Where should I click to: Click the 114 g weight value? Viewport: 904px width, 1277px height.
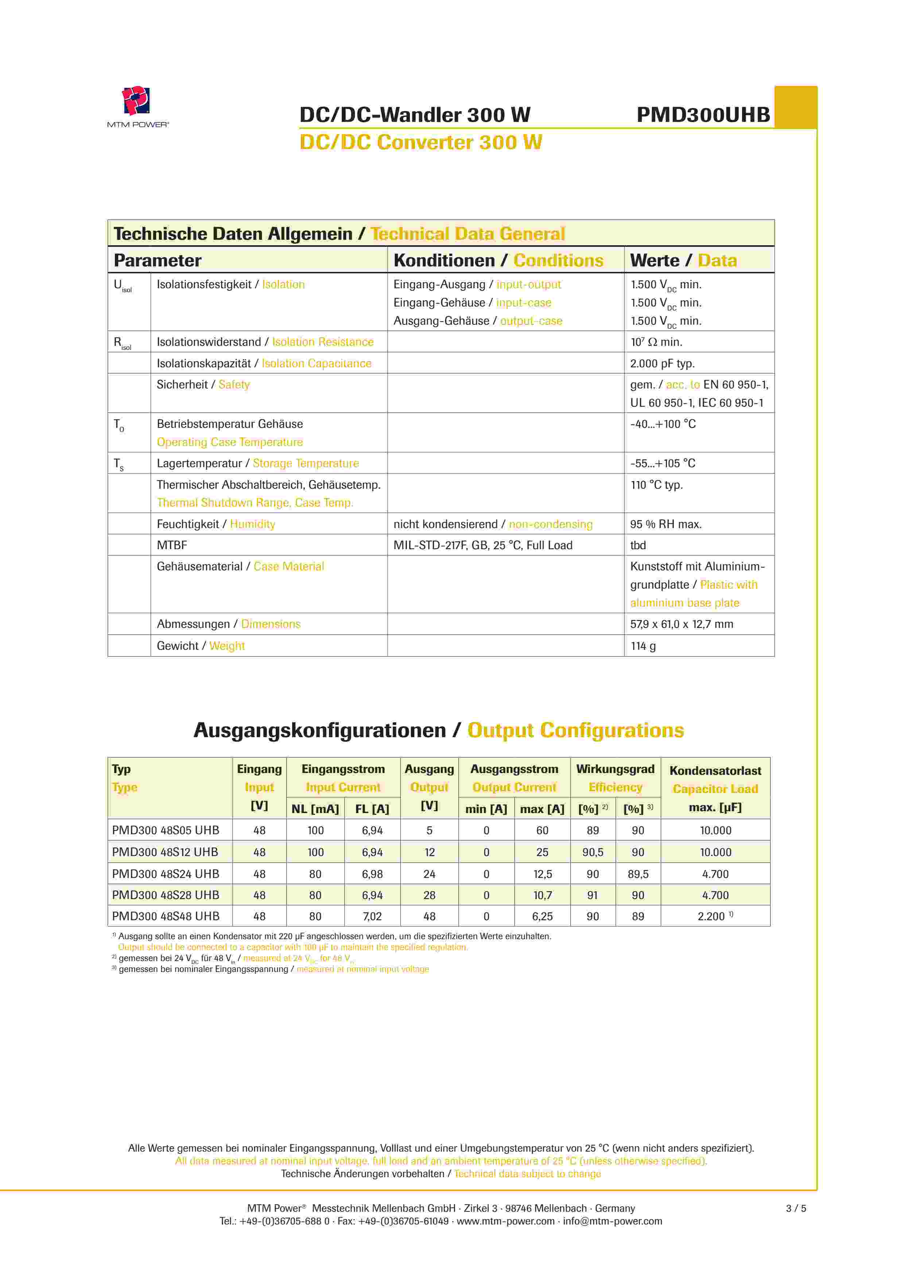(643, 646)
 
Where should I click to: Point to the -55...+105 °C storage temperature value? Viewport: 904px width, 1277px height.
(663, 463)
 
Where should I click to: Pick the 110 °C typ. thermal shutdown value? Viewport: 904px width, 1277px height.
(656, 485)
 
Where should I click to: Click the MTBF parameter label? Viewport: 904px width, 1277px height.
(172, 545)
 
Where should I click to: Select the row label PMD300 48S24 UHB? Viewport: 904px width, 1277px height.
(165, 874)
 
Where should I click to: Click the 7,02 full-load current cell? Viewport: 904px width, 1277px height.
(372, 916)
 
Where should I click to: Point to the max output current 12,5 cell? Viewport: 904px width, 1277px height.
(542, 874)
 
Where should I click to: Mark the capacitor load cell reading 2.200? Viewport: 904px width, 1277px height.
(712, 916)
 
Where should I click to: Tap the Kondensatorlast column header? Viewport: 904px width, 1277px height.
(715, 771)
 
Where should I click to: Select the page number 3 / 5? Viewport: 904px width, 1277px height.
(795, 1208)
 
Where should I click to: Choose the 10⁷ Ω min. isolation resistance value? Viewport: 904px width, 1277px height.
(656, 342)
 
